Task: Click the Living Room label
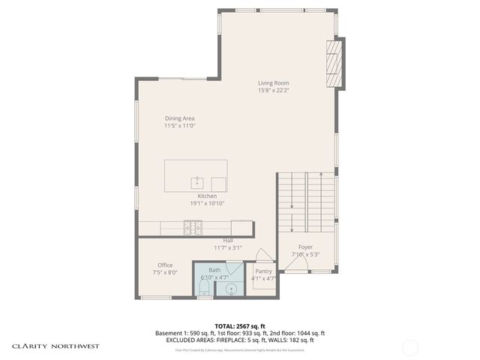[x=274, y=83]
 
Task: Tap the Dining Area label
[x=180, y=118]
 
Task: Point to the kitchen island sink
[x=197, y=182]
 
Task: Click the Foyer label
[x=305, y=247]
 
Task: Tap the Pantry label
[x=263, y=271]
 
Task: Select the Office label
[x=165, y=265]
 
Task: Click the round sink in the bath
[x=232, y=287]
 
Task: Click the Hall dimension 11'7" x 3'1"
[x=227, y=247]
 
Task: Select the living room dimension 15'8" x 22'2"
[x=274, y=91]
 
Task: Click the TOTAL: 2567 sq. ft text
[x=239, y=326]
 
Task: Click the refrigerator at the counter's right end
[x=242, y=227]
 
